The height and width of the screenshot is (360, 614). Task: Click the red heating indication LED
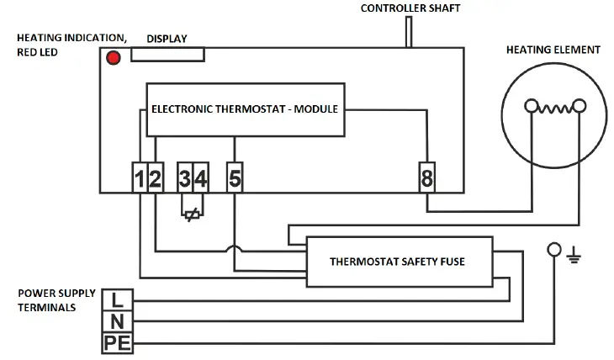(113, 57)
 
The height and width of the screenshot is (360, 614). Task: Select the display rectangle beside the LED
(167, 54)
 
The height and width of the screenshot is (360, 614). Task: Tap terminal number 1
(140, 177)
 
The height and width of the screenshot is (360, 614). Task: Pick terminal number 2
(156, 177)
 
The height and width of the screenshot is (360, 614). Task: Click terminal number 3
(185, 177)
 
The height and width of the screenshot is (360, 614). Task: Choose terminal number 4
(201, 177)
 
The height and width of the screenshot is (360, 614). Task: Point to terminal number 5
(235, 177)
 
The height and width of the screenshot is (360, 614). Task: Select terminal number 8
(427, 177)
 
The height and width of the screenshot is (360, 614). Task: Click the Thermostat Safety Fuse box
(397, 262)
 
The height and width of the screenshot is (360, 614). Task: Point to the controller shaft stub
(408, 31)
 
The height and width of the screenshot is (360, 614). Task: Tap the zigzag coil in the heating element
(554, 107)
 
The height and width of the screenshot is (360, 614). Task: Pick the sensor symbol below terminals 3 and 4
(192, 212)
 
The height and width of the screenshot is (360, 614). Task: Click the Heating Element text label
(553, 50)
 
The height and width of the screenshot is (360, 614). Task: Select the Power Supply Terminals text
(52, 300)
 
